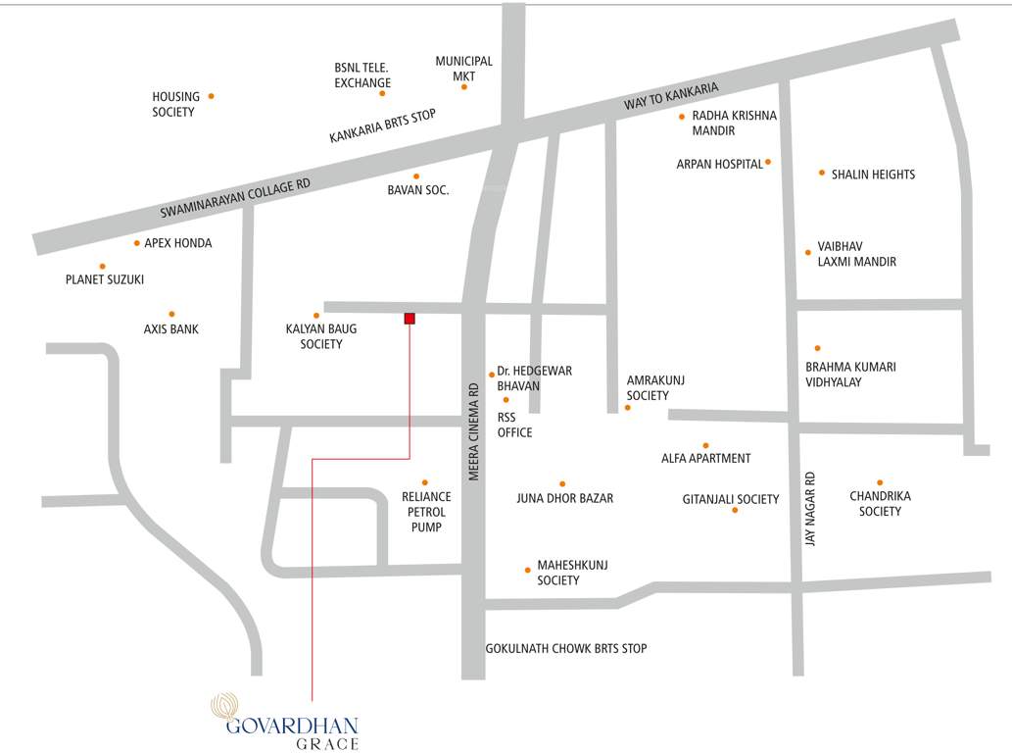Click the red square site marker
point(410,318)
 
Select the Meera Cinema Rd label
point(473,431)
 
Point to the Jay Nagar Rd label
point(810,509)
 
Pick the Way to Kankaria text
point(671,96)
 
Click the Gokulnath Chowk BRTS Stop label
point(566,648)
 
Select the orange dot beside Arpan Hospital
point(768,162)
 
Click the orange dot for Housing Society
point(211,96)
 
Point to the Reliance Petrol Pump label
point(426,512)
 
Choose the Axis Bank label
point(171,329)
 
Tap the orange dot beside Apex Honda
point(136,243)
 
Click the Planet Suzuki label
point(105,279)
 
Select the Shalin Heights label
point(873,175)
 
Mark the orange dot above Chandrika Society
point(880,482)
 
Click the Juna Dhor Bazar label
point(565,498)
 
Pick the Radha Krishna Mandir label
point(734,123)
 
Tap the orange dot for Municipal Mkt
point(464,87)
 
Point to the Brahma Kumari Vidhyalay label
point(850,375)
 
